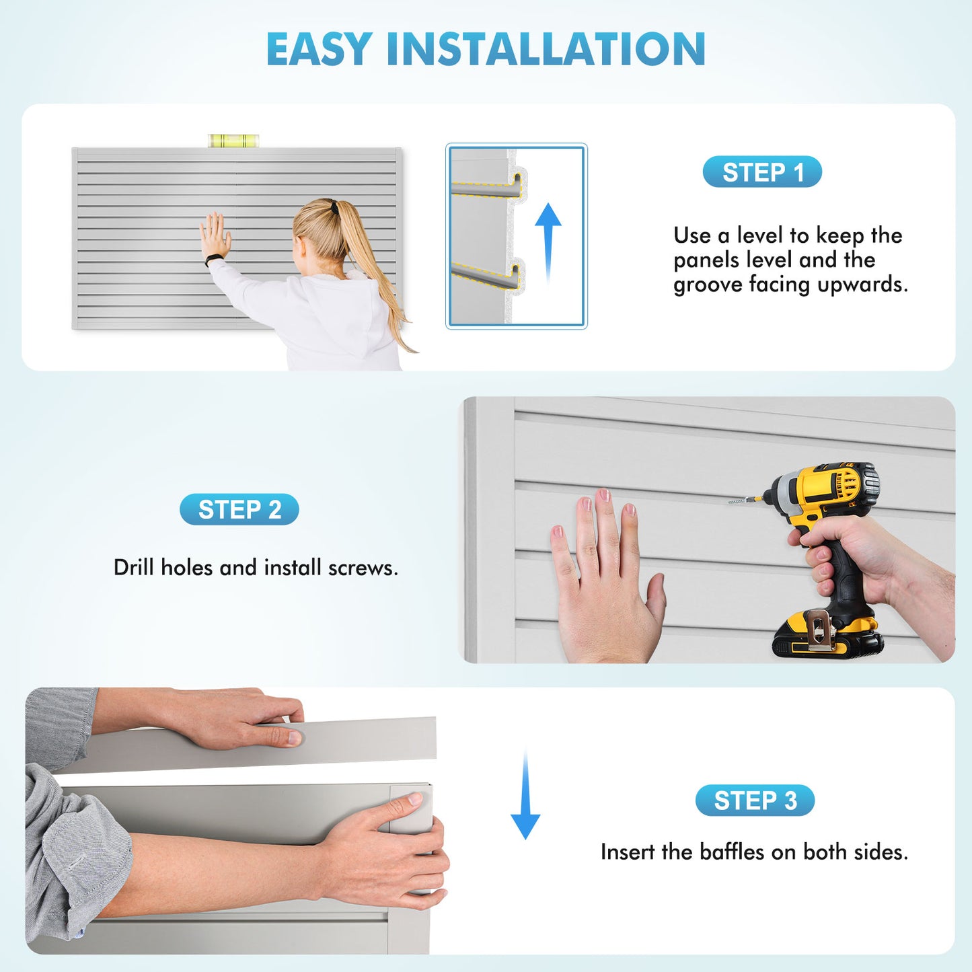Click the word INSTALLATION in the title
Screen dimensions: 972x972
pos(546,49)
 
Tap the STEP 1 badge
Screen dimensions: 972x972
pos(762,172)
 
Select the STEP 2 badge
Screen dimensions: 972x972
pos(239,510)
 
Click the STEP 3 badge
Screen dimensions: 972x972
pos(755,800)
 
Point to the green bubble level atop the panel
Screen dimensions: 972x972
pos(233,141)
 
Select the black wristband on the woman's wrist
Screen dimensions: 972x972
pos(214,259)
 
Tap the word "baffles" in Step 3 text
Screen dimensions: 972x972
pos(732,852)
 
